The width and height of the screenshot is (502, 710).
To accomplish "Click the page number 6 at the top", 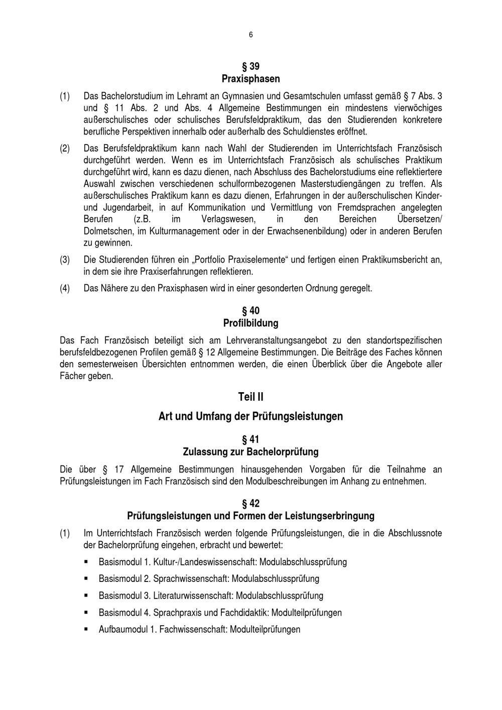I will click(250, 35).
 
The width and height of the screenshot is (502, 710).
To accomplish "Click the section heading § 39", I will click(250, 66).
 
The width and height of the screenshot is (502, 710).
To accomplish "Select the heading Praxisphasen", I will click(250, 79).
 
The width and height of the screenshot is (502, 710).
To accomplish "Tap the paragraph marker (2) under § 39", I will click(65, 149).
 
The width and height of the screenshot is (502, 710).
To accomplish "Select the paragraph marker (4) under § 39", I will click(65, 289).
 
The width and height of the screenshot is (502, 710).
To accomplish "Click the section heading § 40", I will click(250, 311).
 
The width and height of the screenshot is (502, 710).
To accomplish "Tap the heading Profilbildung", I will click(250, 323).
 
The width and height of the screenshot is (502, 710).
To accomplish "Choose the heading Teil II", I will click(250, 397).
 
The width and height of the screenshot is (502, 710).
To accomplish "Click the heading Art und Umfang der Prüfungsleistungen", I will click(250, 416).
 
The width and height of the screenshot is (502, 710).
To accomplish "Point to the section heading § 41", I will click(250, 440).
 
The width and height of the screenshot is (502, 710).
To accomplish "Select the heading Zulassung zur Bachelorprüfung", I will click(250, 452).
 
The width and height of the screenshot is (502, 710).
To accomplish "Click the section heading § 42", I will click(250, 504).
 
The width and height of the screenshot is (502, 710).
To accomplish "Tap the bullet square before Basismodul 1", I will click(87, 561).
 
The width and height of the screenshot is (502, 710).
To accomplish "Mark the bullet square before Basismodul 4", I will click(87, 612).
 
